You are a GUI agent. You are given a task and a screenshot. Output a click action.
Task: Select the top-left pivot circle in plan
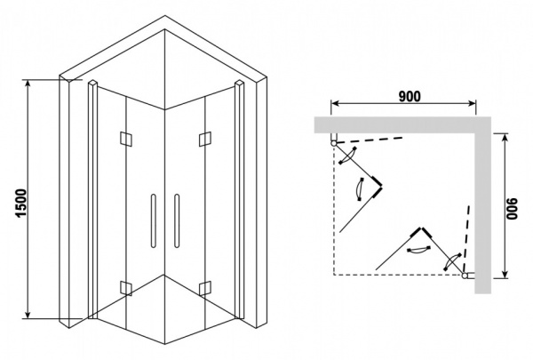tap(335, 140)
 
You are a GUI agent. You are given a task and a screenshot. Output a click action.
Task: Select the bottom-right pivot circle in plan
tap(465, 275)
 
